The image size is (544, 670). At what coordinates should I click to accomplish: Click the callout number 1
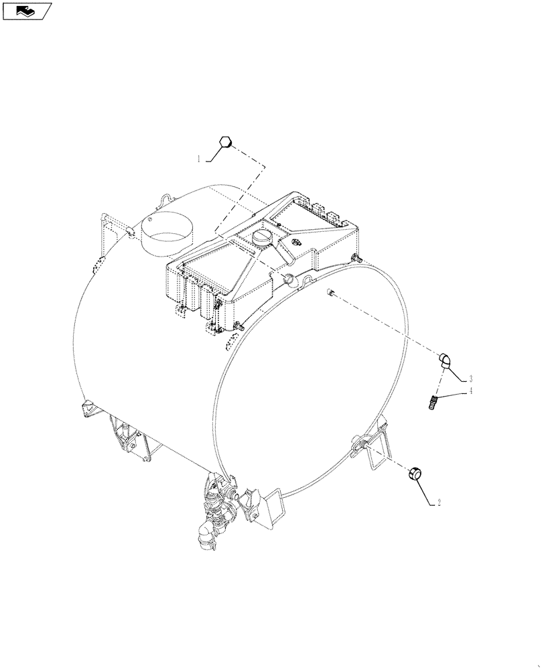tap(198, 159)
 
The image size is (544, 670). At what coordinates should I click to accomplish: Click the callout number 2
tap(438, 503)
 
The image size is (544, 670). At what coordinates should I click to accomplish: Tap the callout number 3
tap(471, 377)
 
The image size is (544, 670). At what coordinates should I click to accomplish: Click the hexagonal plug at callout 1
tap(226, 143)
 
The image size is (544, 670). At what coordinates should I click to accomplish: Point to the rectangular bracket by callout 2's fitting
tap(378, 452)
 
